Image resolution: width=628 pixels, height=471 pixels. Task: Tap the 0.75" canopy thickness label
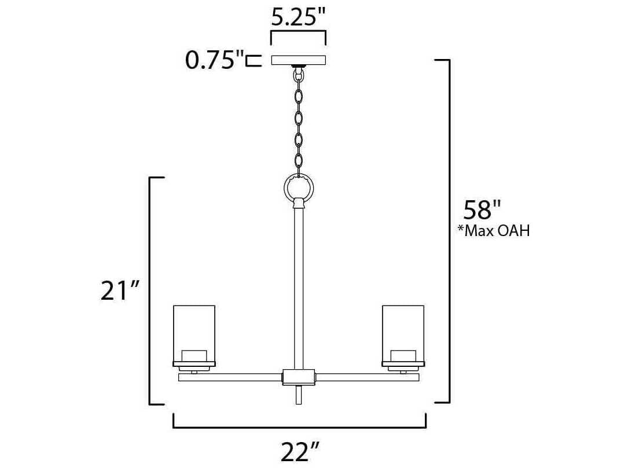pyautogui.click(x=212, y=60)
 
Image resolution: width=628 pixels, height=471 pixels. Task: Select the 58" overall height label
pyautogui.click(x=481, y=209)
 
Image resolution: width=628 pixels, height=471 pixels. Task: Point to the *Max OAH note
pyautogui.click(x=493, y=231)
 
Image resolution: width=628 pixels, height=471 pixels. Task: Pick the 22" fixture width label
pyautogui.click(x=300, y=451)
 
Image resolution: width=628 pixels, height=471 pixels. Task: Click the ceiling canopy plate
pyautogui.click(x=299, y=60)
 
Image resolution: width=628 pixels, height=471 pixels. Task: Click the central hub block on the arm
pyautogui.click(x=298, y=377)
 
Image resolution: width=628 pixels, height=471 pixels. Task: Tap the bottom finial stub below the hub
pyautogui.click(x=299, y=395)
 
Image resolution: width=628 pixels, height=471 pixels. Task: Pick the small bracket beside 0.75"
pyautogui.click(x=253, y=60)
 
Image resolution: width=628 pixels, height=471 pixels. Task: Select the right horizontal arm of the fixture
pyautogui.click(x=366, y=377)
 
